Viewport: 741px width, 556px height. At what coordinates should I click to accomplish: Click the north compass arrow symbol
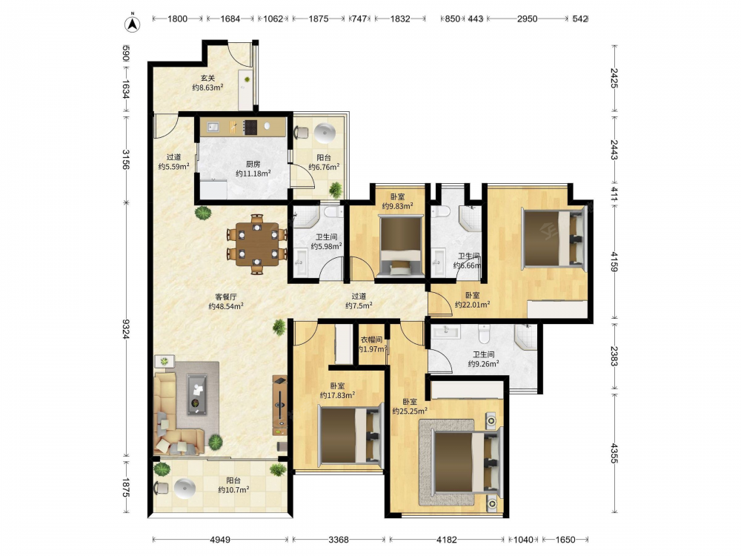click(x=133, y=24)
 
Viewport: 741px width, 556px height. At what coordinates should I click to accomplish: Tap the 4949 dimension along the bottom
click(x=220, y=540)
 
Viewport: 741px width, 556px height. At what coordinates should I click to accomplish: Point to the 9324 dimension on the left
click(x=126, y=329)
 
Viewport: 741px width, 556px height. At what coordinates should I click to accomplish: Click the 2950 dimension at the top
click(x=527, y=19)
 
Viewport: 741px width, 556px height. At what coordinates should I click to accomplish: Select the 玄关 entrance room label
click(x=208, y=79)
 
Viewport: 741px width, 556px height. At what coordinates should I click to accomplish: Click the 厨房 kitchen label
click(x=253, y=164)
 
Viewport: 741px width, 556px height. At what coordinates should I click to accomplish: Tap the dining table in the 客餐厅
click(x=256, y=243)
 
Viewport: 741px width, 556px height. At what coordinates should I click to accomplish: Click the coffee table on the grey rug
click(x=196, y=394)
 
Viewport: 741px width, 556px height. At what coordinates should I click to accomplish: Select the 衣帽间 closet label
click(x=371, y=340)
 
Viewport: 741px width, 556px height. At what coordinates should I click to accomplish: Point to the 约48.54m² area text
click(x=226, y=306)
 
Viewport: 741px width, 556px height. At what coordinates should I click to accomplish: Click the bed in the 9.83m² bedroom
click(x=400, y=245)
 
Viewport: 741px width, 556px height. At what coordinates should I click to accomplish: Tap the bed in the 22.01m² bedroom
click(x=554, y=238)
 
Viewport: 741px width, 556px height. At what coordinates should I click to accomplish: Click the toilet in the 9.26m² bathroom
click(x=485, y=334)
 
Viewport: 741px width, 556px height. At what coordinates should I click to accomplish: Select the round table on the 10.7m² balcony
click(x=185, y=489)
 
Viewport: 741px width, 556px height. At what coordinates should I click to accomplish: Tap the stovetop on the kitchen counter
click(x=250, y=128)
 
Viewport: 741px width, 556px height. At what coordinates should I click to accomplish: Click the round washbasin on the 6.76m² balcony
click(x=325, y=133)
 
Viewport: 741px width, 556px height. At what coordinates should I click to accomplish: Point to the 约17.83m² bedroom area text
click(x=337, y=395)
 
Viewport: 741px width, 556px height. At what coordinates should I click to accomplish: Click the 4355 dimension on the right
click(x=614, y=453)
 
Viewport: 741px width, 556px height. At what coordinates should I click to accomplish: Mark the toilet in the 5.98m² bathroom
click(x=333, y=211)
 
